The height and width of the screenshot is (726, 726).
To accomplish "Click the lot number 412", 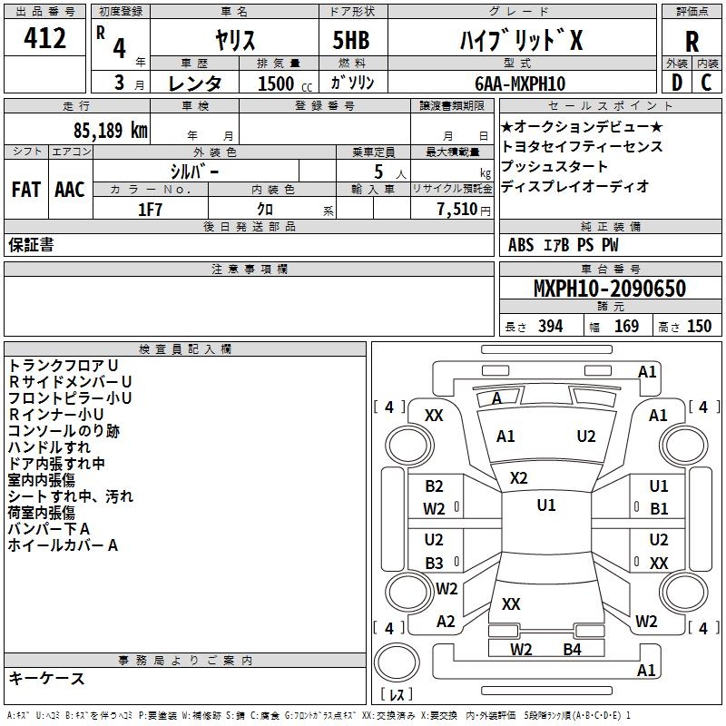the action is tap(44, 38).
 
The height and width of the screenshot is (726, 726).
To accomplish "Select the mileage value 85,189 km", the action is tap(111, 131).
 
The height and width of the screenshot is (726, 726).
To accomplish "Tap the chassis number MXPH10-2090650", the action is tap(610, 289).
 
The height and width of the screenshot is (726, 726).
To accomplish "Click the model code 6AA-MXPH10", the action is tap(520, 83).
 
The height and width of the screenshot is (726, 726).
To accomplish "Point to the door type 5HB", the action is tap(351, 40).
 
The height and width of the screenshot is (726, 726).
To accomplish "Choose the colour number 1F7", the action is tap(150, 210).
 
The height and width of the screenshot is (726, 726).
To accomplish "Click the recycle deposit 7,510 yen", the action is tap(464, 210).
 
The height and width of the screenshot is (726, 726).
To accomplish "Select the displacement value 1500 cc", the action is tap(285, 83).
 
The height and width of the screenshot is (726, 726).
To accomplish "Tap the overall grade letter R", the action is tap(692, 42).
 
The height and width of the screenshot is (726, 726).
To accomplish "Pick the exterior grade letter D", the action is tap(677, 83).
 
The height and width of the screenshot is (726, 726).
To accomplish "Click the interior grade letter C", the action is tap(706, 83).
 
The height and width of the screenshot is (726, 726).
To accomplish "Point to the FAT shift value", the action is tap(26, 190).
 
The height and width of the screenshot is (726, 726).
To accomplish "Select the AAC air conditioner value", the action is tap(70, 190).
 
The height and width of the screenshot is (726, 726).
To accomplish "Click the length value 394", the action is tap(551, 327).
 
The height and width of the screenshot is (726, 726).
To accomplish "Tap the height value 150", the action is tap(699, 327).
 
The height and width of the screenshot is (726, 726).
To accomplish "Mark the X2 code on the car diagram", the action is tap(518, 478).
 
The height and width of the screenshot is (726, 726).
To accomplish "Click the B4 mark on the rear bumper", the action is tap(573, 650).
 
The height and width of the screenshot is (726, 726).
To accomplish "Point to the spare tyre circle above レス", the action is tap(397, 662).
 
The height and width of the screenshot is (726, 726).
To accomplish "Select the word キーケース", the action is tap(47, 679).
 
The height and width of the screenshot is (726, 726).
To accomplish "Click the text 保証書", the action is tap(31, 245).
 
